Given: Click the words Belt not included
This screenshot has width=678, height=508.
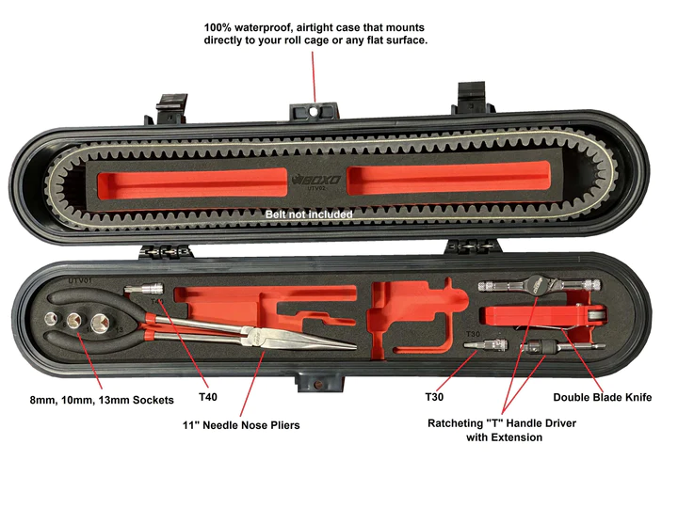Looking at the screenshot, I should click(309, 214).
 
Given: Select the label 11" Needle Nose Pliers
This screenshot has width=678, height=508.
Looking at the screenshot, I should click(241, 425).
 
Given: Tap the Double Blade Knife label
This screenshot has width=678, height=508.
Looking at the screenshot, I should click(602, 397).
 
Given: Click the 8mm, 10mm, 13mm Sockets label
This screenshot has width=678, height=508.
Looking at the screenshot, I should click(102, 400).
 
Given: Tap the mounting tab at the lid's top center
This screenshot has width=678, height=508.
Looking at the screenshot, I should click(318, 111).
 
